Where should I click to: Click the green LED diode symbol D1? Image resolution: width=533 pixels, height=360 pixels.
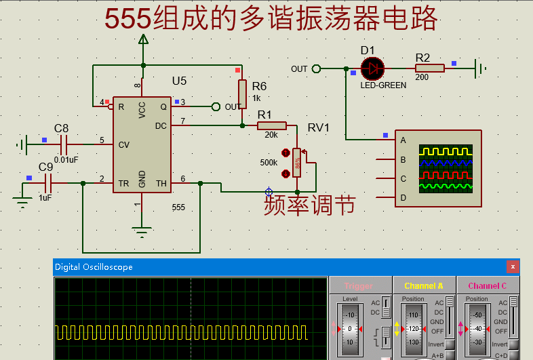pyautogui.click(x=372, y=68)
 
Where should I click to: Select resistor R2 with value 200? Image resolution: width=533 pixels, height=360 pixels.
pyautogui.click(x=430, y=68)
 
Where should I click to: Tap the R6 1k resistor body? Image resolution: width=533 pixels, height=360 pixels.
pyautogui.click(x=242, y=93)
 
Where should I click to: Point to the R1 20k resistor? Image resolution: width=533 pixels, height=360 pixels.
pyautogui.click(x=272, y=125)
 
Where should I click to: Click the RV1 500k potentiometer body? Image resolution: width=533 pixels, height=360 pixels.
pyautogui.click(x=296, y=163)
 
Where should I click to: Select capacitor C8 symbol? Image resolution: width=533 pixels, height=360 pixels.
pyautogui.click(x=65, y=144)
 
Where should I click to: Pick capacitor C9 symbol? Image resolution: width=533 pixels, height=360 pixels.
pyautogui.click(x=48, y=183)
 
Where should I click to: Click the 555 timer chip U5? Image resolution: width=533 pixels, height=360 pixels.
pyautogui.click(x=142, y=144)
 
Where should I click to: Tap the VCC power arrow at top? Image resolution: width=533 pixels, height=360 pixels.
pyautogui.click(x=143, y=40)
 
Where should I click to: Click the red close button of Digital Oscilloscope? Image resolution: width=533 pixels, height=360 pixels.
pyautogui.click(x=513, y=266)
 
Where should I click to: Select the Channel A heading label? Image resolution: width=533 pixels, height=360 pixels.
pyautogui.click(x=423, y=286)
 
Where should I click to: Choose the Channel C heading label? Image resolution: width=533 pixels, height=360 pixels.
pyautogui.click(x=488, y=286)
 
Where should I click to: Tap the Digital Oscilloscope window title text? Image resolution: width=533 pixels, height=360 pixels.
pyautogui.click(x=94, y=267)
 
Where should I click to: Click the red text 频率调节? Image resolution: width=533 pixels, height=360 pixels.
pyautogui.click(x=309, y=205)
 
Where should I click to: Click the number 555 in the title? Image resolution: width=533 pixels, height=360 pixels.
pyautogui.click(x=128, y=20)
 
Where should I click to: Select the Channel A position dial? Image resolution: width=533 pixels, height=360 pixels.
pyautogui.click(x=413, y=329)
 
